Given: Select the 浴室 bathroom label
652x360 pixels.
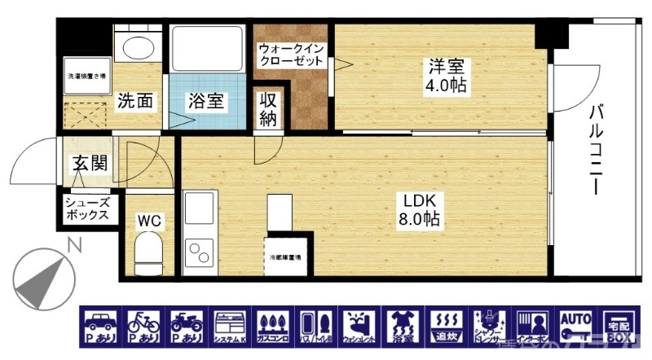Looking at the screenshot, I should (x=207, y=102).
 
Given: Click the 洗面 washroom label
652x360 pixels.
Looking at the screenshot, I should (x=134, y=102).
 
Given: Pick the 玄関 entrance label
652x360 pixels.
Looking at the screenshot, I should (x=90, y=163).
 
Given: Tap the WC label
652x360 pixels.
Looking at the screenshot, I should (x=148, y=220).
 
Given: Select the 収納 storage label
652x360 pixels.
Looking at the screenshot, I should (x=269, y=110).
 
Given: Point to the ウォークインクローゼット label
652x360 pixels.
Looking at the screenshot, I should (x=292, y=55).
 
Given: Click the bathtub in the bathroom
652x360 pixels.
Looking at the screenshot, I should (x=207, y=50).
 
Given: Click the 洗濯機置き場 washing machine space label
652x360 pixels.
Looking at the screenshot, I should (x=86, y=77).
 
